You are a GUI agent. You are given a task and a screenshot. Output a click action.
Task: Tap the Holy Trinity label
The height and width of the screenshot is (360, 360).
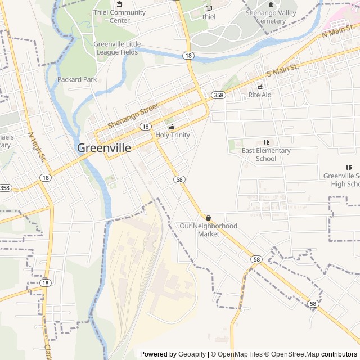click(x=173, y=135)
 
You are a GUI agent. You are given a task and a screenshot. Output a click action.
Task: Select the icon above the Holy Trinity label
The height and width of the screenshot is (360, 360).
click(x=173, y=127)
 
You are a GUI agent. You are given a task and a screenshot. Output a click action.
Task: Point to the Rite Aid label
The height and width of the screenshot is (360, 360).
click(x=260, y=95)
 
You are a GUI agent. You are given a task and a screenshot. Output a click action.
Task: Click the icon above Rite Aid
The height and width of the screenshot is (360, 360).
click(x=260, y=87)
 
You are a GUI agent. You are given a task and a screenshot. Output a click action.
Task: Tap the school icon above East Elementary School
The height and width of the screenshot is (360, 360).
click(x=266, y=142)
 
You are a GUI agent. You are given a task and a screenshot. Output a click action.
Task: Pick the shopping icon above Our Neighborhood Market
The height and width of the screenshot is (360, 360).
click(x=208, y=218)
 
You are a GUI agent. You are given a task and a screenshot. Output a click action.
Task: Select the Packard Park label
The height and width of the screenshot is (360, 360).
click(x=77, y=79)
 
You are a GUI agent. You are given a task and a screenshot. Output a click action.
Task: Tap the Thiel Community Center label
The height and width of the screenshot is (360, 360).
click(x=119, y=16)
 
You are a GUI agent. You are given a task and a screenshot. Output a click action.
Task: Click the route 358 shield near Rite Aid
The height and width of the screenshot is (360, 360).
click(x=218, y=95)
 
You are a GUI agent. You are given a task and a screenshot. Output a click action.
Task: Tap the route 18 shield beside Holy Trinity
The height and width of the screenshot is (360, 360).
click(x=146, y=127)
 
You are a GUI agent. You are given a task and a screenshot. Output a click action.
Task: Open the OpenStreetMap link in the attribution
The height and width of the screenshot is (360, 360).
click(x=292, y=354)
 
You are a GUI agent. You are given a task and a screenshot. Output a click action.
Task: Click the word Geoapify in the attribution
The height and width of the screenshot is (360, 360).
click(x=192, y=354)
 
